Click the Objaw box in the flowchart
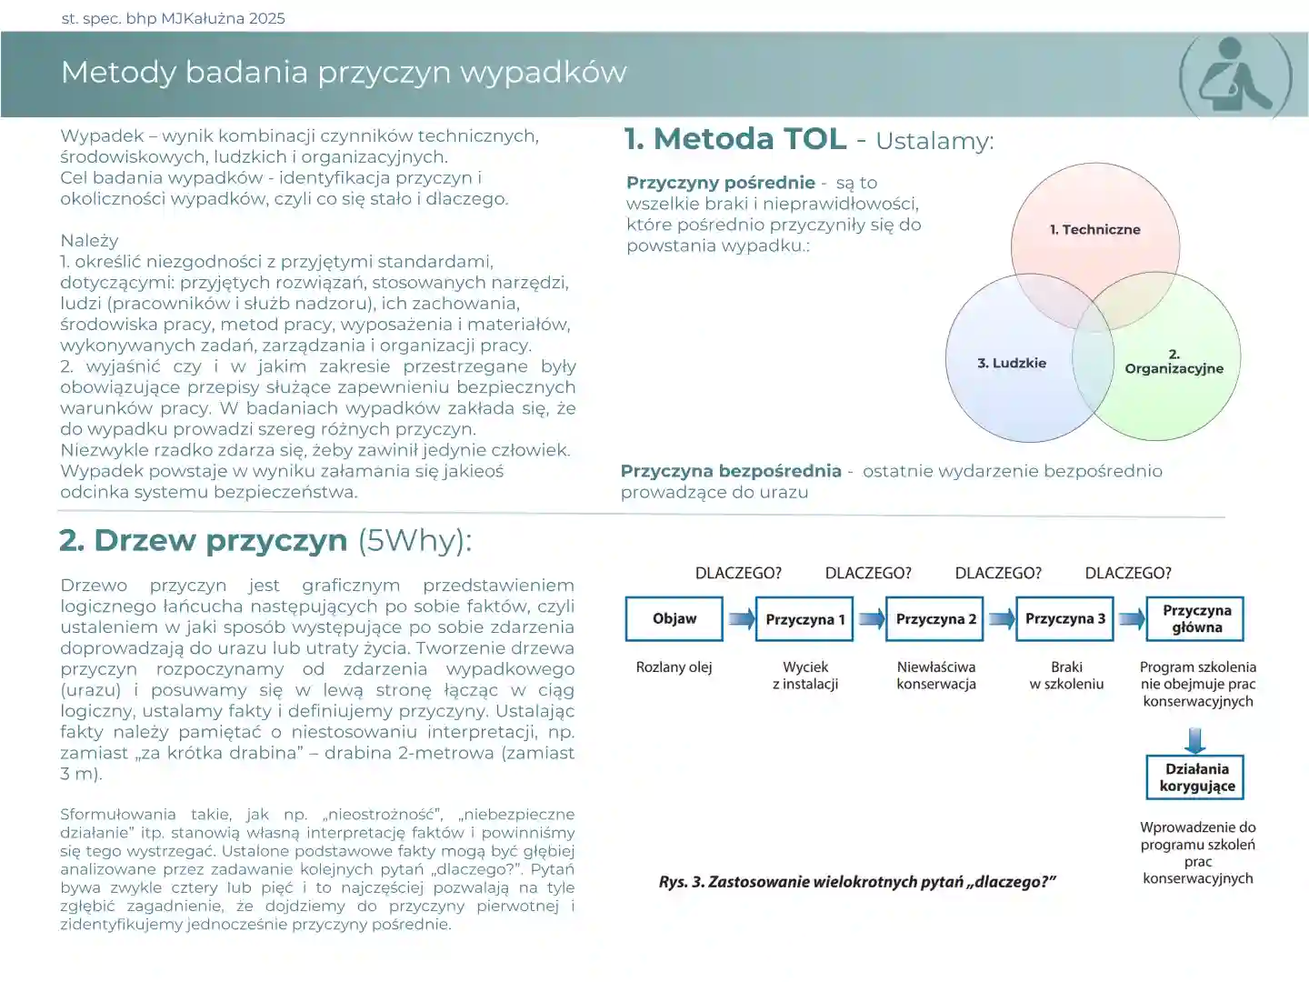[674, 618]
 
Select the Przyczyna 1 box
[804, 619]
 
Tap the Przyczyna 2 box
[935, 619]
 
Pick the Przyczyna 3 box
[1065, 619]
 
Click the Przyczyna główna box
[1196, 619]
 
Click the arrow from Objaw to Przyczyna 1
[740, 619]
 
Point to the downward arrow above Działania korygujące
[1196, 739]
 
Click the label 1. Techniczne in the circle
[1094, 230]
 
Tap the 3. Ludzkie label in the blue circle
[1011, 363]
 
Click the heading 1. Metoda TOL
[734, 139]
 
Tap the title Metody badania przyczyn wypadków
[344, 73]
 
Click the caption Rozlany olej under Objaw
[674, 667]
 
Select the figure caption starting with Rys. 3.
[856, 881]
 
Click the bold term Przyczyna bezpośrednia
[731, 471]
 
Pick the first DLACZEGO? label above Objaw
[738, 573]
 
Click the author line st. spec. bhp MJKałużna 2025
[173, 18]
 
